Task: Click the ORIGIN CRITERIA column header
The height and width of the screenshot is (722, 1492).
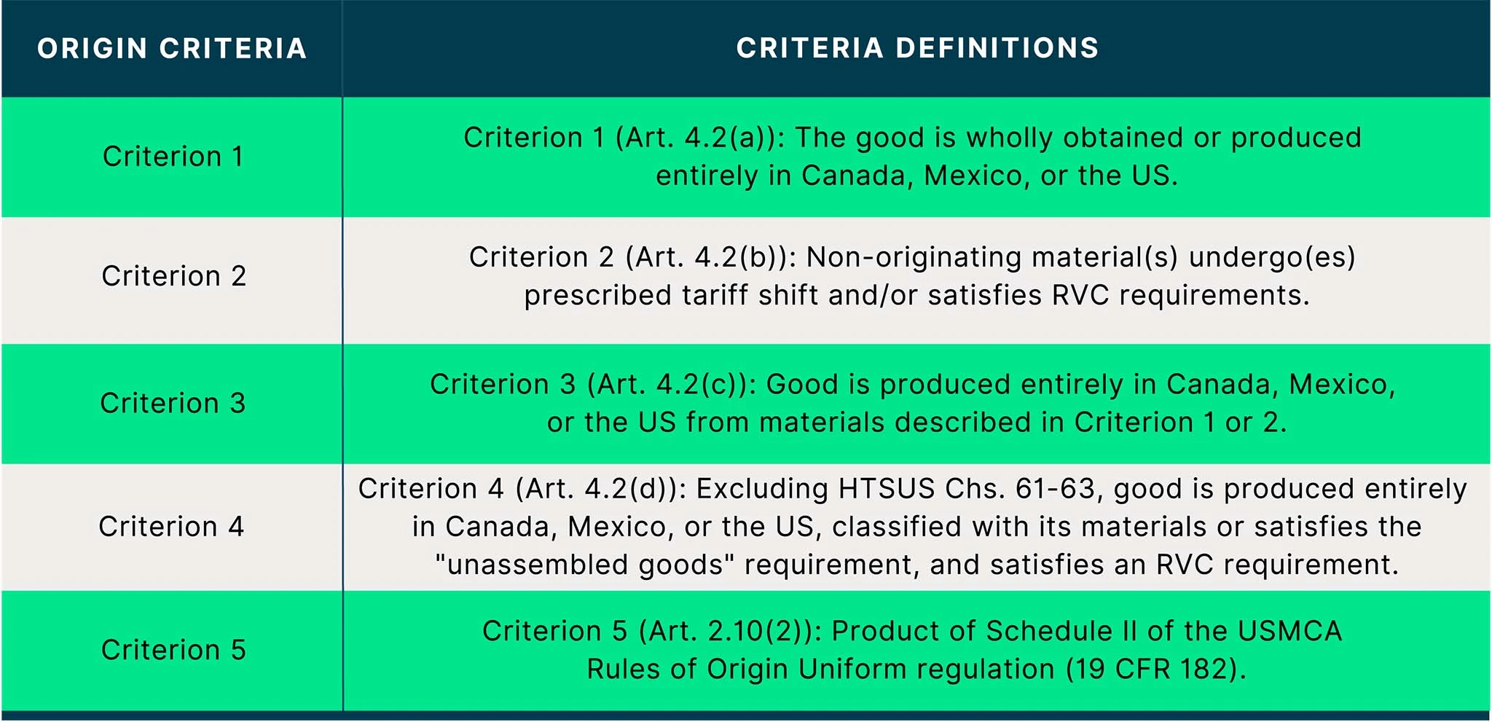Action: pyautogui.click(x=172, y=49)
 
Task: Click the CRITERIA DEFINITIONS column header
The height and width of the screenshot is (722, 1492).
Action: pyautogui.click(x=917, y=48)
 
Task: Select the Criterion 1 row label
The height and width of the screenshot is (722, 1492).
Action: pyautogui.click(x=173, y=157)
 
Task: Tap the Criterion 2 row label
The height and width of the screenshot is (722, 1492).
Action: pyautogui.click(x=173, y=276)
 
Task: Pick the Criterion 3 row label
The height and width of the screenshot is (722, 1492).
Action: pyautogui.click(x=173, y=403)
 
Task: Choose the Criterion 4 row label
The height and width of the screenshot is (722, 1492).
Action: pyautogui.click(x=171, y=526)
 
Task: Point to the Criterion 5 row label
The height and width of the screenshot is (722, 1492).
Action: pyautogui.click(x=173, y=650)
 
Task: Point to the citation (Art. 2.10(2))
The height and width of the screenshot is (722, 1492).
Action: pyautogui.click(x=730, y=631)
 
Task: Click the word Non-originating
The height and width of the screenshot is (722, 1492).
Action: pyautogui.click(x=914, y=258)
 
